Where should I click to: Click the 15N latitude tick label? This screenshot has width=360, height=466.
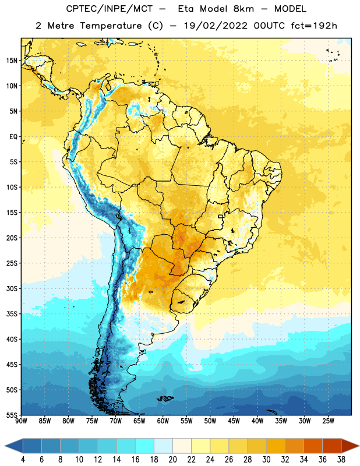coord(12,61)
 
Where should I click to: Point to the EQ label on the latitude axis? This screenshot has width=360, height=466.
coord(13,137)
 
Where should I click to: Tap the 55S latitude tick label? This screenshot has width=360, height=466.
coord(12,415)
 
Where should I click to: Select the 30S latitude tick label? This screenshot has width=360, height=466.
coord(12,288)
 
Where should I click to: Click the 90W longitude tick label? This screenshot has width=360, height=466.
coord(21,421)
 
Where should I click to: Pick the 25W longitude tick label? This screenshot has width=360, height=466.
coord(328,421)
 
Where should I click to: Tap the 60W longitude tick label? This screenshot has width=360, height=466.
coord(163,421)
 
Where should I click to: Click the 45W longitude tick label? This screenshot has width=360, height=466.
coord(234,421)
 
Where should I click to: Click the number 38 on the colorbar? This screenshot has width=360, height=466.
coord(341,460)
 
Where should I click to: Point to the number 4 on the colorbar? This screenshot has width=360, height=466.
coord(23,460)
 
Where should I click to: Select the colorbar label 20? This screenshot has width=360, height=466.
coord(172,460)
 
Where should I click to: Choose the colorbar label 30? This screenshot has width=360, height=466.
coord(266,460)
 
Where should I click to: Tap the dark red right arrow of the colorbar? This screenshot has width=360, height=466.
coord(350,446)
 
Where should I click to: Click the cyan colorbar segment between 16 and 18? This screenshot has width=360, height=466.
coord(145,446)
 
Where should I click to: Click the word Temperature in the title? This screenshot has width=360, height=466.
coord(111,26)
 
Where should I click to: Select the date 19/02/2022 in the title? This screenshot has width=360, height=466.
coord(216,26)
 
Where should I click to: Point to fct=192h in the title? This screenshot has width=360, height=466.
coord(314,26)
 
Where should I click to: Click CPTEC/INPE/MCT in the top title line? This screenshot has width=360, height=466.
coord(109,9)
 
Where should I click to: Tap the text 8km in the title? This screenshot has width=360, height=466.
coord(244,9)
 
